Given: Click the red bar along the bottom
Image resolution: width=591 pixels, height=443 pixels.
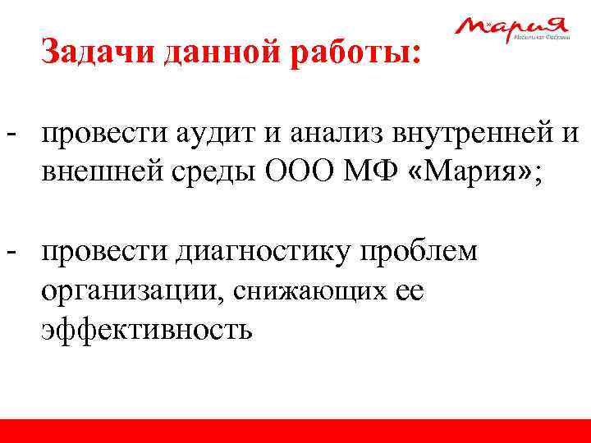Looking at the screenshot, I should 295,431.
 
